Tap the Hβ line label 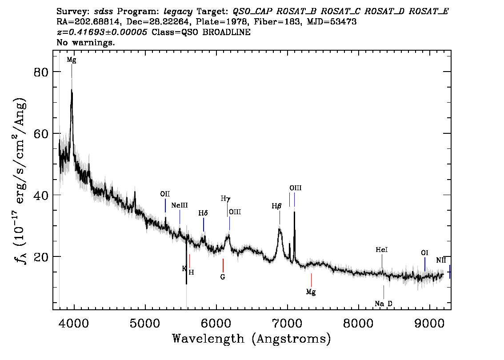pyautogui.click(x=276, y=206)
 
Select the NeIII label pyautogui.click(x=180, y=205)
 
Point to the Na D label pyautogui.click(x=384, y=304)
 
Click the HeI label pyautogui.click(x=382, y=250)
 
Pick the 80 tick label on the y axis pyautogui.click(x=41, y=72)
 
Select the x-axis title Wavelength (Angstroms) pyautogui.click(x=252, y=339)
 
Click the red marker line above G pyautogui.click(x=223, y=265)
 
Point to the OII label pyautogui.click(x=165, y=194)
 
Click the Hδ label pyautogui.click(x=203, y=213)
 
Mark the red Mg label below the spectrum pyautogui.click(x=311, y=292)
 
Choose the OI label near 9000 pyautogui.click(x=424, y=253)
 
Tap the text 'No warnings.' pyautogui.click(x=85, y=42)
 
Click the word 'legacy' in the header pyautogui.click(x=178, y=12)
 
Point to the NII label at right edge pyautogui.click(x=441, y=260)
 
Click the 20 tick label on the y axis pyautogui.click(x=41, y=257)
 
